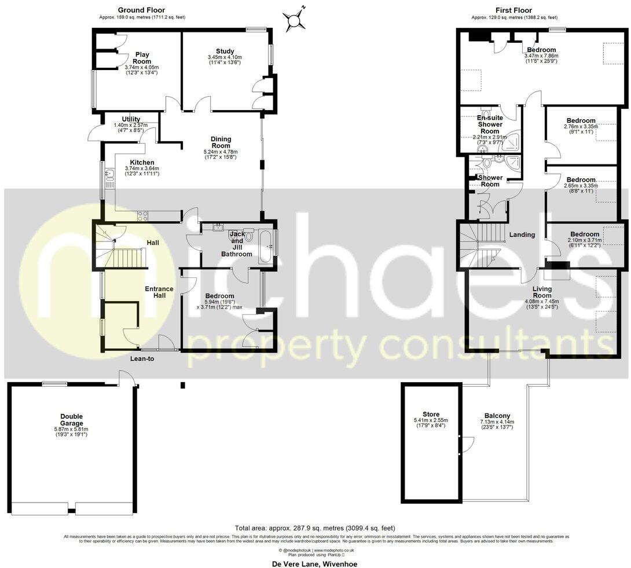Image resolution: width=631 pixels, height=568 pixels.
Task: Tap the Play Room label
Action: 142,58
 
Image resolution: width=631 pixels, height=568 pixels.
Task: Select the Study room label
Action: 225,52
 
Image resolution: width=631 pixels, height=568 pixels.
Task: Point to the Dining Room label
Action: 221,142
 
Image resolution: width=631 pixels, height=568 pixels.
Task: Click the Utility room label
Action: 131,119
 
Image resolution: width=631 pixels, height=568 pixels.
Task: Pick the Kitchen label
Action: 142,162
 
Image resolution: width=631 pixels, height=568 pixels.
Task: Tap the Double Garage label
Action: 71,420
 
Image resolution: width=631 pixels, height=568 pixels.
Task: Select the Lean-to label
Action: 142,358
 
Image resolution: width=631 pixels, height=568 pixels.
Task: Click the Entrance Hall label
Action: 159,292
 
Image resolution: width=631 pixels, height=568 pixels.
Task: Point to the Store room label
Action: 431,414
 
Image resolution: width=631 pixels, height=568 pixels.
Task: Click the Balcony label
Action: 497,416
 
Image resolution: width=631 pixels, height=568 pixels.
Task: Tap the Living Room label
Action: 542,292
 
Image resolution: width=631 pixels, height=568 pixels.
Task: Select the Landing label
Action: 522,234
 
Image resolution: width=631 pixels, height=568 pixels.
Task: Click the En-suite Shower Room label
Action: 490,124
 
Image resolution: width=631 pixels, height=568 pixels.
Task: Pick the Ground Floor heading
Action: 141,10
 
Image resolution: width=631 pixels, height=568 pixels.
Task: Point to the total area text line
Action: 315,528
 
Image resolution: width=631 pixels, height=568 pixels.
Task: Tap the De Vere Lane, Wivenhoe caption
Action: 314,563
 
